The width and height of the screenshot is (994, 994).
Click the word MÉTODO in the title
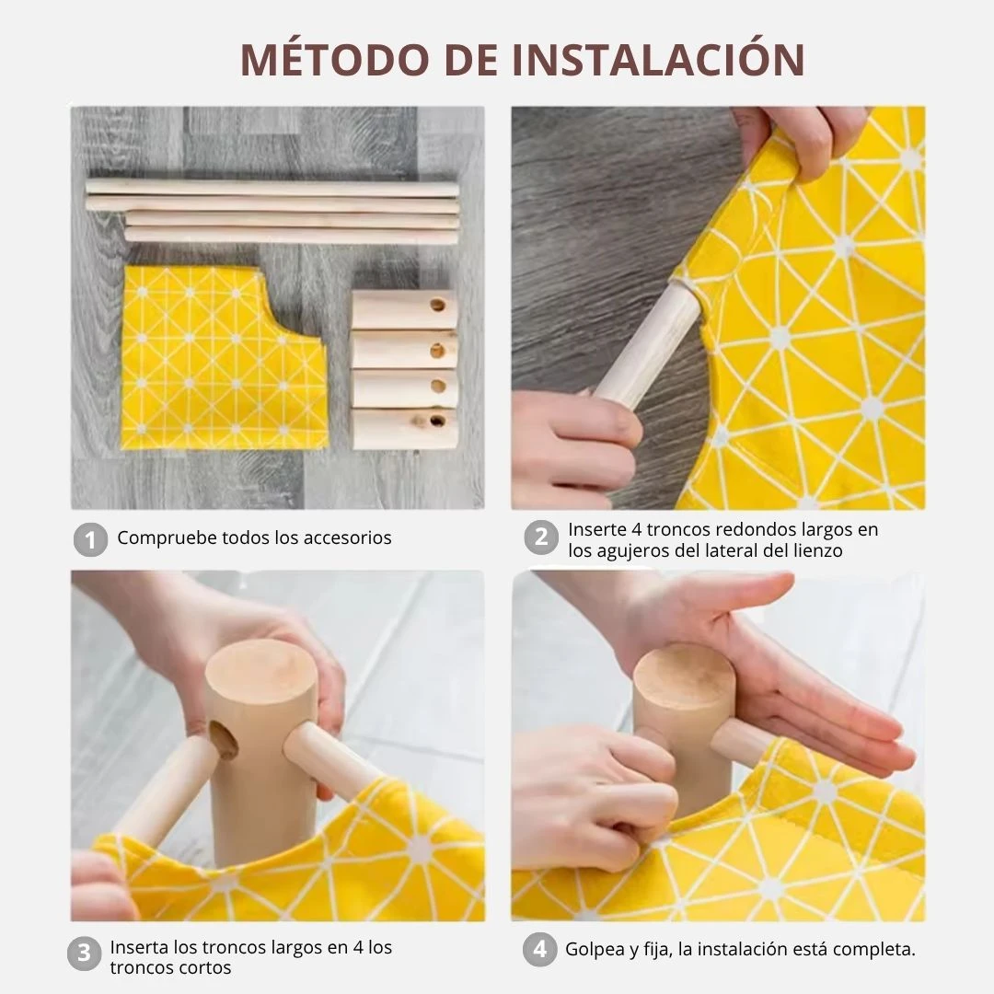335,59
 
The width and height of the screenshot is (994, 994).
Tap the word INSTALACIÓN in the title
658,59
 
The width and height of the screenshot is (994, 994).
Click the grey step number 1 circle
90,539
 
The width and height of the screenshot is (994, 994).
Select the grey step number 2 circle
541,537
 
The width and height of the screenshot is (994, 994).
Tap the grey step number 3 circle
85,954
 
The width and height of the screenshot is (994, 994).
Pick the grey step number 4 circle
540,949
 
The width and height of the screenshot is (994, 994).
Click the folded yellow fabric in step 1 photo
224,358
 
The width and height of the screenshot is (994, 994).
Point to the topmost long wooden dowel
272,188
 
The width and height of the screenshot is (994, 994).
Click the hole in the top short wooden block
437,306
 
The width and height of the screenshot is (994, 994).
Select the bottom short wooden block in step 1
405,429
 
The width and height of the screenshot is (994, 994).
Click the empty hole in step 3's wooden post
224,740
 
